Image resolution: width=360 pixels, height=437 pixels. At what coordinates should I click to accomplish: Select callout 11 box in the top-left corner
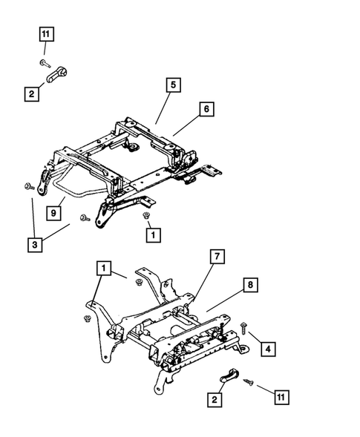pyautogui.click(x=45, y=34)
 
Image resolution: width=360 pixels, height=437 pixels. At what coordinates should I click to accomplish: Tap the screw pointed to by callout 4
pyautogui.click(x=243, y=326)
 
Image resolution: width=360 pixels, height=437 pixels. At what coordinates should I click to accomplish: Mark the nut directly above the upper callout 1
pyautogui.click(x=146, y=215)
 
